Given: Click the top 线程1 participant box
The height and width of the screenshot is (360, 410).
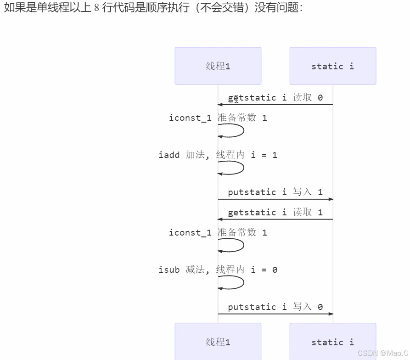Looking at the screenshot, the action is pos(218,66).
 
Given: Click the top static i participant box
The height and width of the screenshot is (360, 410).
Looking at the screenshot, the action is pos(332,66).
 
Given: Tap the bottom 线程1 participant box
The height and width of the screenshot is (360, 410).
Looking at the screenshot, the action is pos(218,342).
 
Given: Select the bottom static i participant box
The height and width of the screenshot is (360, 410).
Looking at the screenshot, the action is pos(332,342).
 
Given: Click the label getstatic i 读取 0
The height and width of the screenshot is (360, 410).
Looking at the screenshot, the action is pos(275,97).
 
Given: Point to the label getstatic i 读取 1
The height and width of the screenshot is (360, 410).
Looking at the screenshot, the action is pos(275,212).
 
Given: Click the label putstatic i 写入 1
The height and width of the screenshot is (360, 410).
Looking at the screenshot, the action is pos(275,192).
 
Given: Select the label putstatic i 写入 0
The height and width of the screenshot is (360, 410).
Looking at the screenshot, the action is pos(275,307).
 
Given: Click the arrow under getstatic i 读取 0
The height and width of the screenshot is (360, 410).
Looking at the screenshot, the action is pos(275,105).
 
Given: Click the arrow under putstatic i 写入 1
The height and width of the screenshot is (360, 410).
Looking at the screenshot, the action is pos(275,199).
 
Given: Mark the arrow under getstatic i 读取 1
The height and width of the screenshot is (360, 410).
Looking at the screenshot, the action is pos(275,219).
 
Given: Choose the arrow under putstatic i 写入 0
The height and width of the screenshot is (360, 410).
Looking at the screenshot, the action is pos(275,314).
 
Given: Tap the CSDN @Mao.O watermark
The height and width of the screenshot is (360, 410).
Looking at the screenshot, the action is pos(382,353).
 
